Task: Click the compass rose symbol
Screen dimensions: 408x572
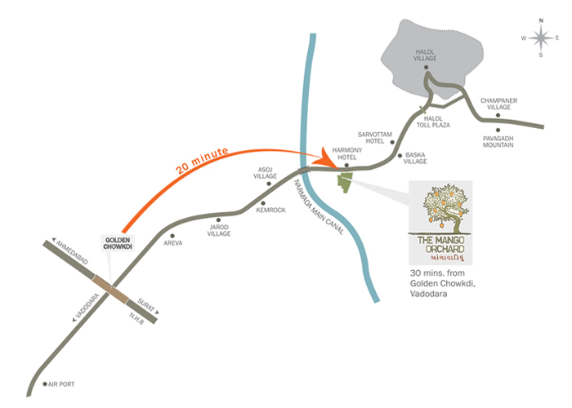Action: tap(541, 38)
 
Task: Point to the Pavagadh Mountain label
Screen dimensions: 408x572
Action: tap(498, 143)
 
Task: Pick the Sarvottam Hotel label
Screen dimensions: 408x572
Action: tap(375, 137)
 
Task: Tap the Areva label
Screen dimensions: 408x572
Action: tap(172, 243)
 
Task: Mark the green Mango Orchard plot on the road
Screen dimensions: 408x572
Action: tap(346, 183)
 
